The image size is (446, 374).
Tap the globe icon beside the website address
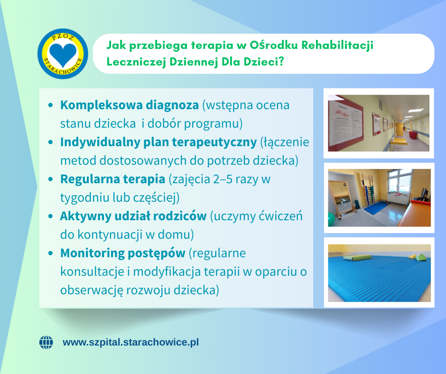tap(46, 342)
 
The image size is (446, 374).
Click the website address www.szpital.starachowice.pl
tap(130, 342)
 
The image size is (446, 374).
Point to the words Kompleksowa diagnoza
tap(130, 105)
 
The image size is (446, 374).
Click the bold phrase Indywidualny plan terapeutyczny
tap(158, 142)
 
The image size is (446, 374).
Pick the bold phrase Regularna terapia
tap(112, 179)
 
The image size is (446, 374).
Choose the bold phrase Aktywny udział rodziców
tap(133, 216)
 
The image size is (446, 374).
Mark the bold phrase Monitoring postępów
tap(123, 253)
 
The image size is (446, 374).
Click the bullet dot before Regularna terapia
tap(51, 179)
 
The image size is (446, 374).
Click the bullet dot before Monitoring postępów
tap(51, 253)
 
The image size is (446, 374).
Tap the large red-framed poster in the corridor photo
tap(345, 123)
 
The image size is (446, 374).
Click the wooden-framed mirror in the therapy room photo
tap(342, 200)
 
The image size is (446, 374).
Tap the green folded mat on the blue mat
tap(357, 258)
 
